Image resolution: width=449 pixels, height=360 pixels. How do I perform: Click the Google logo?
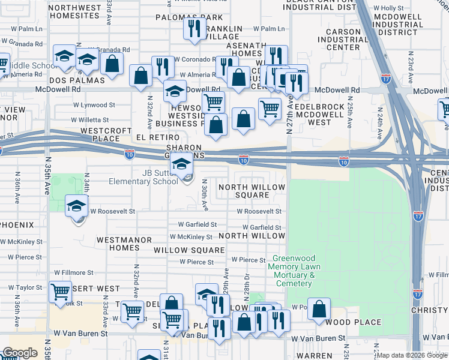click(x=20, y=352)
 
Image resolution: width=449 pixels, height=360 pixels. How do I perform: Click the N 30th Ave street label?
click(x=205, y=194)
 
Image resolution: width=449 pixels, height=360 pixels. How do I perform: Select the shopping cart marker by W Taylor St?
click(x=61, y=292)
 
